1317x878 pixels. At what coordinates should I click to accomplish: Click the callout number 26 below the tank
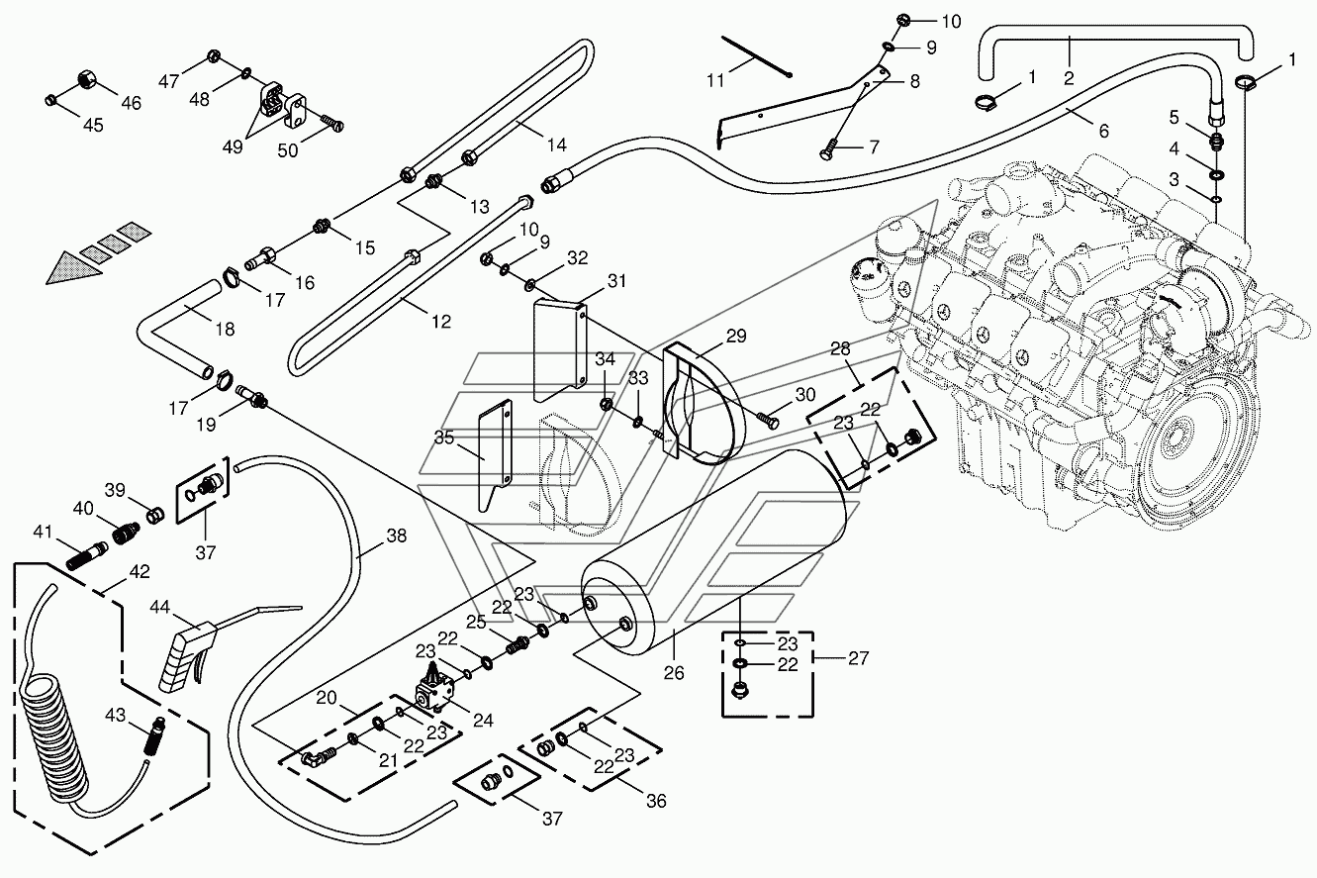click(x=674, y=672)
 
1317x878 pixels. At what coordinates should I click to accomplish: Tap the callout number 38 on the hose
click(x=397, y=536)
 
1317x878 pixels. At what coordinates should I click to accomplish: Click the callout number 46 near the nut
click(x=132, y=103)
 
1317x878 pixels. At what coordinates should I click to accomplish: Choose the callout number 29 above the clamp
click(x=736, y=337)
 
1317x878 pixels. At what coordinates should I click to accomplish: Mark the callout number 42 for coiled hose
click(x=140, y=571)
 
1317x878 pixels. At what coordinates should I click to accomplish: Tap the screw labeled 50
click(x=332, y=123)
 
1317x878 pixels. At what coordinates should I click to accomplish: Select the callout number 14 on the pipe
click(x=557, y=145)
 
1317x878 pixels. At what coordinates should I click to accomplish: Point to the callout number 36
click(x=656, y=801)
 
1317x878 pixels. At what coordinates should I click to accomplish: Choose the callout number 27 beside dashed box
click(x=859, y=657)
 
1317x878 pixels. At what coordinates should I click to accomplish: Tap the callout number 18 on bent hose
click(x=226, y=330)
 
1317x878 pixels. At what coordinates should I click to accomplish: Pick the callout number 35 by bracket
click(x=444, y=439)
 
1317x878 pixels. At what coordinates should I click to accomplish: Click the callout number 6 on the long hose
click(x=1103, y=131)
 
